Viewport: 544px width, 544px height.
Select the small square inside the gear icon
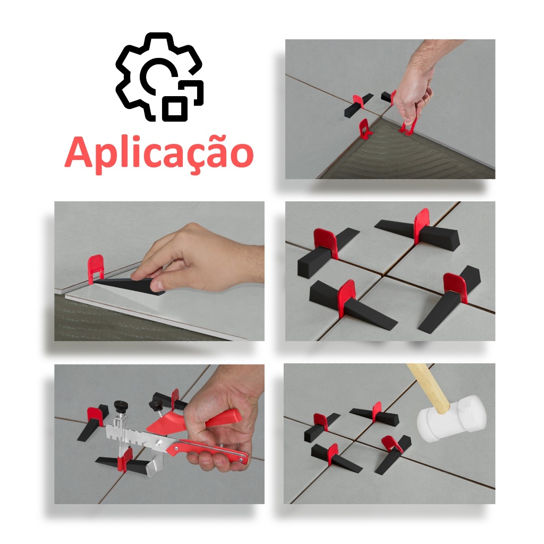[175, 108]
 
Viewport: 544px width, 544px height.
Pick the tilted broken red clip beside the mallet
[392, 445]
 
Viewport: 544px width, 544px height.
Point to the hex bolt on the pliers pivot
[158, 443]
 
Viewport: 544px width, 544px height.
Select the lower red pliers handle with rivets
[208, 450]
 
